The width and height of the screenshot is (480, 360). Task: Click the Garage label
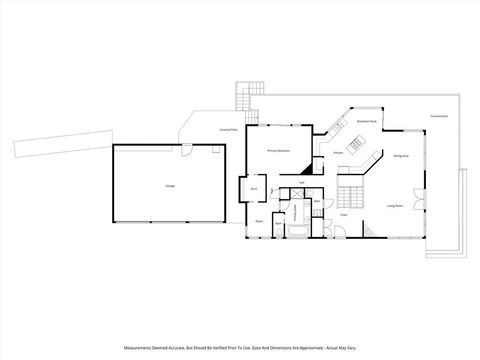tap(156, 186)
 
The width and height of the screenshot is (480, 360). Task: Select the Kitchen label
tap(339, 153)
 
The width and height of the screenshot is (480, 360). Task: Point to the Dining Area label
tap(399, 157)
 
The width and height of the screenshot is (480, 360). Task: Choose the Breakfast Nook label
tap(366, 121)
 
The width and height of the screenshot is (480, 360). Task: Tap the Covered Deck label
tap(438, 115)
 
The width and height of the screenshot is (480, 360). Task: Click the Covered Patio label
tap(227, 129)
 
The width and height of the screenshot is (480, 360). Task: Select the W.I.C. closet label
tap(254, 189)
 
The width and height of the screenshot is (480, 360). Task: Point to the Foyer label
tap(342, 214)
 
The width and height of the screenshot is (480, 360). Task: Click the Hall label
tap(301, 183)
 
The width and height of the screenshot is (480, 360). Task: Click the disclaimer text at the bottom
tap(240, 348)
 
